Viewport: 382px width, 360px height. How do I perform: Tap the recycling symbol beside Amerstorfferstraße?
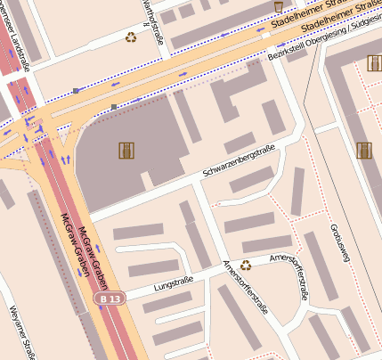[246, 263]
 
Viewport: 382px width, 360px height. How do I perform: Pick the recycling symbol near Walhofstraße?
[131, 37]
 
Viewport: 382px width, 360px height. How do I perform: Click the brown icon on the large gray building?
[126, 150]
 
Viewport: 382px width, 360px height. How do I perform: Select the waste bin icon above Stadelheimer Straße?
[278, 7]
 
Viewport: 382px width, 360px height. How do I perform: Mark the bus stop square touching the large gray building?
[114, 107]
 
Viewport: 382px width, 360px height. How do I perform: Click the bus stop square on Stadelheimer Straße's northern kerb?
[76, 91]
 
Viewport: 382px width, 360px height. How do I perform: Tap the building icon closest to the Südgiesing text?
[373, 63]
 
